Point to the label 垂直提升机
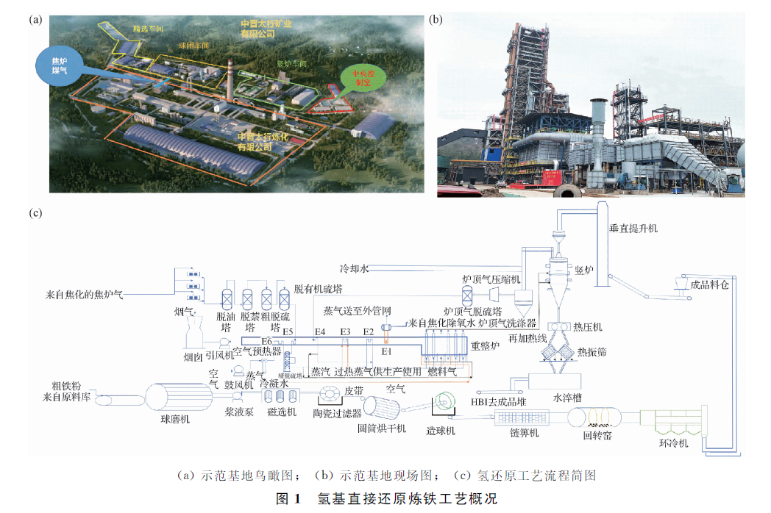click(x=634, y=229)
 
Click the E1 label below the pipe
click(x=385, y=351)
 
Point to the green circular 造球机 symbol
click(x=445, y=403)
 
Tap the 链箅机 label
click(x=525, y=434)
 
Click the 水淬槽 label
click(x=568, y=398)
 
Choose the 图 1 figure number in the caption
click(x=288, y=499)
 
